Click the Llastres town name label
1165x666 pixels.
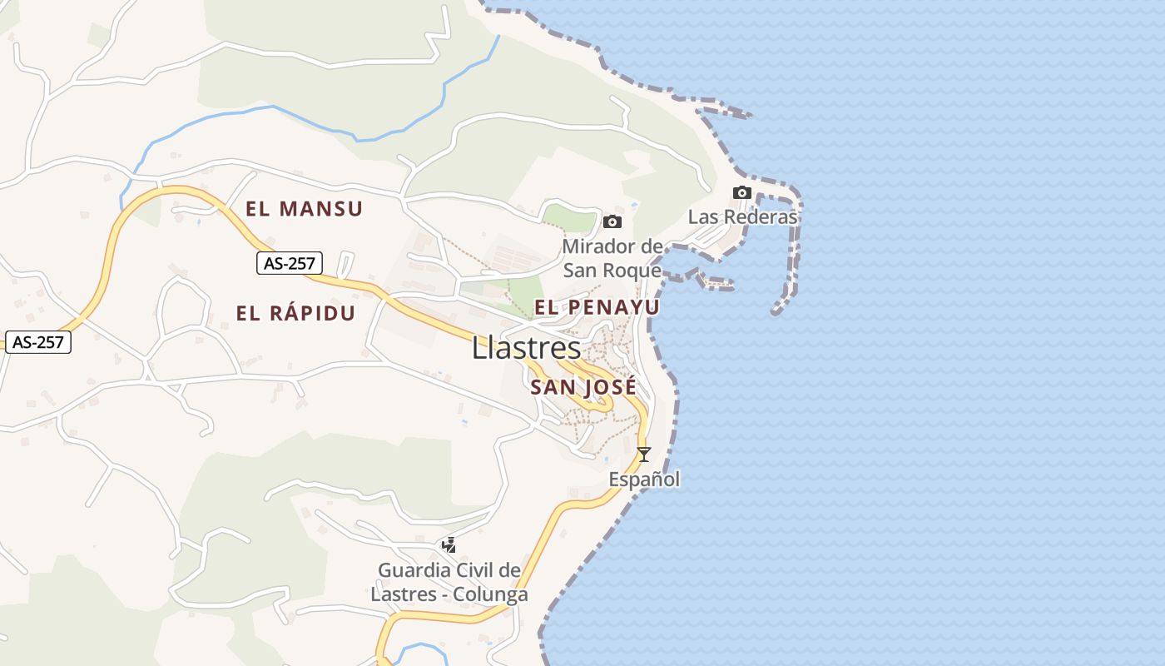point(526,348)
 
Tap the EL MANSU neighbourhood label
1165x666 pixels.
point(304,209)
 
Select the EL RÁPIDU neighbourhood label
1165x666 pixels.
point(295,314)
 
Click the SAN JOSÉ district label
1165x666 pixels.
point(583,387)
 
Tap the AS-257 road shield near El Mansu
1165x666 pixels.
point(289,264)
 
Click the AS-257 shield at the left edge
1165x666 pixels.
point(38,341)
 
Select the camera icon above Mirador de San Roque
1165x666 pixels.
point(612,221)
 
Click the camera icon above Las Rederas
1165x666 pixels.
point(741,193)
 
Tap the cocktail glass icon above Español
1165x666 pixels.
point(643,455)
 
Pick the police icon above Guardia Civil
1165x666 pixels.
point(449,545)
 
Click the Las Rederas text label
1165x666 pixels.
point(742,217)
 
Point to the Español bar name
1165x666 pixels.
point(644,480)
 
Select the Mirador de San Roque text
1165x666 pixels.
point(612,258)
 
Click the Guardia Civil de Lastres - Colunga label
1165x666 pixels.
point(449,583)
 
